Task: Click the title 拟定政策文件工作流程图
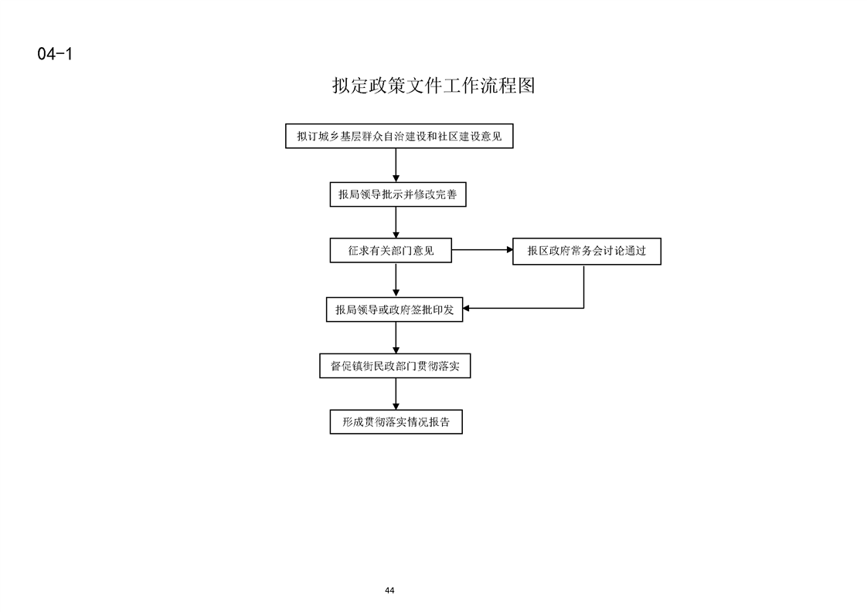pos(433,86)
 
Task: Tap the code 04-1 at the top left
pos(56,53)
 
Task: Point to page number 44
pos(389,590)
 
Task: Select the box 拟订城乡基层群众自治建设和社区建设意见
pos(399,136)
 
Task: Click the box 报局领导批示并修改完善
pos(398,194)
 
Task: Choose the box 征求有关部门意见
pos(391,250)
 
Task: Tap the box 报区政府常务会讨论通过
pos(586,252)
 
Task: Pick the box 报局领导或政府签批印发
pos(394,309)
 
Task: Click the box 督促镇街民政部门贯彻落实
pos(395,366)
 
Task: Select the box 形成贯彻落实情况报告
pos(396,422)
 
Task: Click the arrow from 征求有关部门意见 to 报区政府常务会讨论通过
pos(482,249)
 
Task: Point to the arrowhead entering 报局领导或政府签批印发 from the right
pos(466,308)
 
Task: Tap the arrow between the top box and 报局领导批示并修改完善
pos(396,165)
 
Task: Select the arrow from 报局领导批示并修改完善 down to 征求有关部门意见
pos(396,222)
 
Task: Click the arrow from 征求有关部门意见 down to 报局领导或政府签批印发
pos(396,280)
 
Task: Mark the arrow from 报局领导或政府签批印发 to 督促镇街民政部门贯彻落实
pos(396,338)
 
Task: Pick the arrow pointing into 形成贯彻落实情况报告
pos(396,394)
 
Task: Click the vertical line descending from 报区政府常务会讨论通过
pos(584,286)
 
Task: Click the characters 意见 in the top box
pos(491,136)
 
